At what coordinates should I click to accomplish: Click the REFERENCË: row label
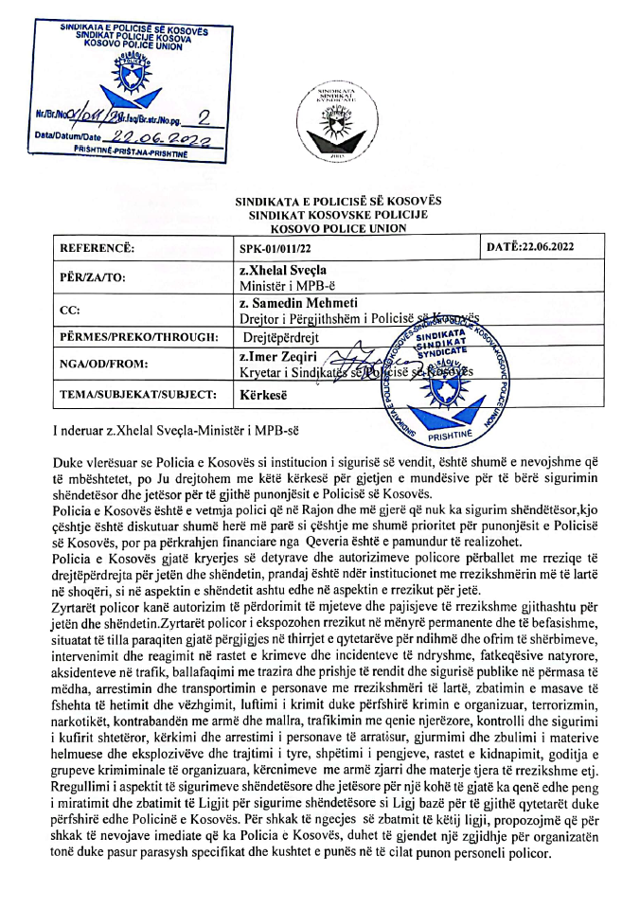pyautogui.click(x=98, y=248)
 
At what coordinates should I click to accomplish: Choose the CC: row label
pyautogui.click(x=70, y=310)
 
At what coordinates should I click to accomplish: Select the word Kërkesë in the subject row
pyautogui.click(x=262, y=396)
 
